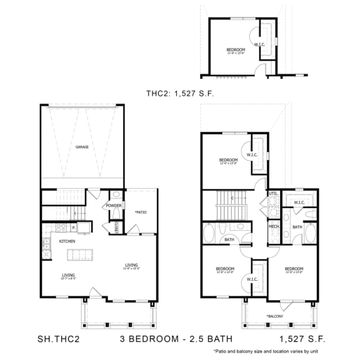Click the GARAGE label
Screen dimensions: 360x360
(82, 147)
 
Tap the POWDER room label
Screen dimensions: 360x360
(113, 205)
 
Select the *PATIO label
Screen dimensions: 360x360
(140, 212)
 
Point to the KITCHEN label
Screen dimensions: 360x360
(67, 241)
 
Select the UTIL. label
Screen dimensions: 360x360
(273, 194)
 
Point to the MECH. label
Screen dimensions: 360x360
(274, 226)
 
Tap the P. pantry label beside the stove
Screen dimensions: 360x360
(74, 228)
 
